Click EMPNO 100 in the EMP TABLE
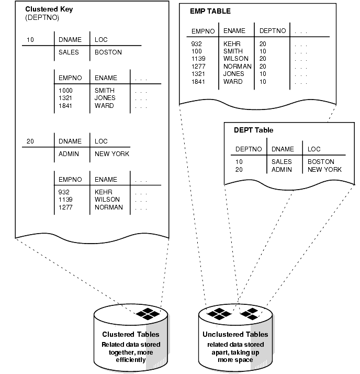[197, 51]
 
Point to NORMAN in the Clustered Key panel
[108, 207]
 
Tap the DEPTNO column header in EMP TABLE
[273, 30]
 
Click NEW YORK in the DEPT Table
[324, 169]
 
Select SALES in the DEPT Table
[282, 162]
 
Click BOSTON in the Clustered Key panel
[108, 52]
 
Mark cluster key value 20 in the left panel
[30, 141]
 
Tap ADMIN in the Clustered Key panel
[69, 154]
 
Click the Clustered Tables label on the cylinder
[131, 334]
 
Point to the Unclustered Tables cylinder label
[235, 334]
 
